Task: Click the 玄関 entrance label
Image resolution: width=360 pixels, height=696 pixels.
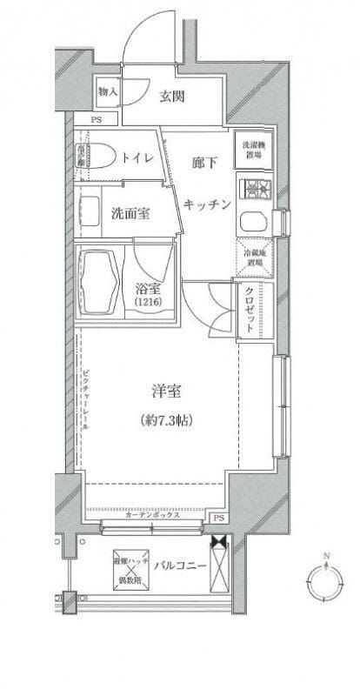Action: pyautogui.click(x=170, y=97)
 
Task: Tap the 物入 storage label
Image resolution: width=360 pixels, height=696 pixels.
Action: pyautogui.click(x=108, y=91)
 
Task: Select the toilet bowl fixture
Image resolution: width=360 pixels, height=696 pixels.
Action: pyautogui.click(x=97, y=155)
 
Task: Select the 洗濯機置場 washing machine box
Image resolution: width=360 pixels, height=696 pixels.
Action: pyautogui.click(x=253, y=150)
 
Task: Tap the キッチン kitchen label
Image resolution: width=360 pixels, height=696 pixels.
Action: pyautogui.click(x=207, y=204)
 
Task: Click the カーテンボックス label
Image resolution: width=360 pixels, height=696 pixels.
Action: pyautogui.click(x=152, y=516)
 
